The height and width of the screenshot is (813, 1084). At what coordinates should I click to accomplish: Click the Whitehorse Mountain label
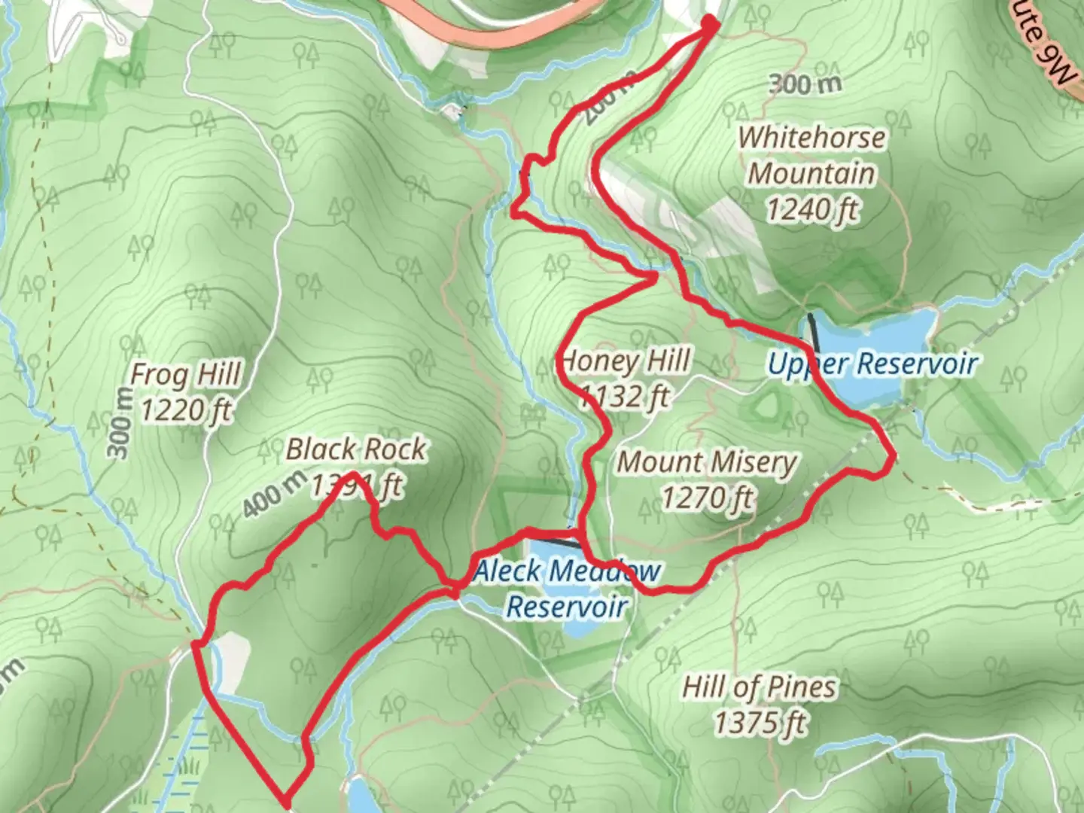(x=811, y=156)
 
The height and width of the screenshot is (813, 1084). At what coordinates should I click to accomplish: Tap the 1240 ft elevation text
(x=812, y=209)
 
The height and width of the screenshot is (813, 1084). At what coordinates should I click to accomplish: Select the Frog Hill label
(x=186, y=374)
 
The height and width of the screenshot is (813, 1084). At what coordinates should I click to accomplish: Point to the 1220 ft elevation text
(x=186, y=410)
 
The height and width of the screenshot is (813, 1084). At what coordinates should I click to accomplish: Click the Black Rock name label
(x=355, y=449)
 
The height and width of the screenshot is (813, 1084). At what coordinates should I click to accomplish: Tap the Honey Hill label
(x=625, y=361)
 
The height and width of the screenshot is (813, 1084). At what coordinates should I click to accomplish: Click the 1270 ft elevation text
(x=707, y=498)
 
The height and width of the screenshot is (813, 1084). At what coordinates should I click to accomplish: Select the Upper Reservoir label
(x=872, y=364)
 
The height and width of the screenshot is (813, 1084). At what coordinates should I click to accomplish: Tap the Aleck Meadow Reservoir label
(x=567, y=588)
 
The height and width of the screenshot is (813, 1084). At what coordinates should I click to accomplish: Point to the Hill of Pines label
(x=759, y=687)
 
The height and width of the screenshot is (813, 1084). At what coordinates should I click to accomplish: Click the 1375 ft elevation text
(x=760, y=723)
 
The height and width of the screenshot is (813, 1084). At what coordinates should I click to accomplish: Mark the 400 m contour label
(x=274, y=493)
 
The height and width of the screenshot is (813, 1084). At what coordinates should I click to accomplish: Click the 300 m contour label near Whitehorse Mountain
(x=805, y=84)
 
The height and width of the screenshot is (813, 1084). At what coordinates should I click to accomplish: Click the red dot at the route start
(x=710, y=24)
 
